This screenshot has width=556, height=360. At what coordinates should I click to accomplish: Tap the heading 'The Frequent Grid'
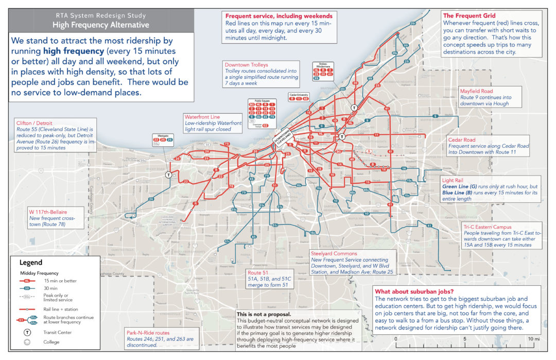point(470,15)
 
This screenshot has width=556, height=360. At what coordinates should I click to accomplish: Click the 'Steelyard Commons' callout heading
point(333,253)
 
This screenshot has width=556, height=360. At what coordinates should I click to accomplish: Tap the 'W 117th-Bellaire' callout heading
point(48,211)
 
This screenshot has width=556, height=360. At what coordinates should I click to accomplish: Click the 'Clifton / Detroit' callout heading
point(38,123)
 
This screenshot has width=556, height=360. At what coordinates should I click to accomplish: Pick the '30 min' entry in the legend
point(54,289)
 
